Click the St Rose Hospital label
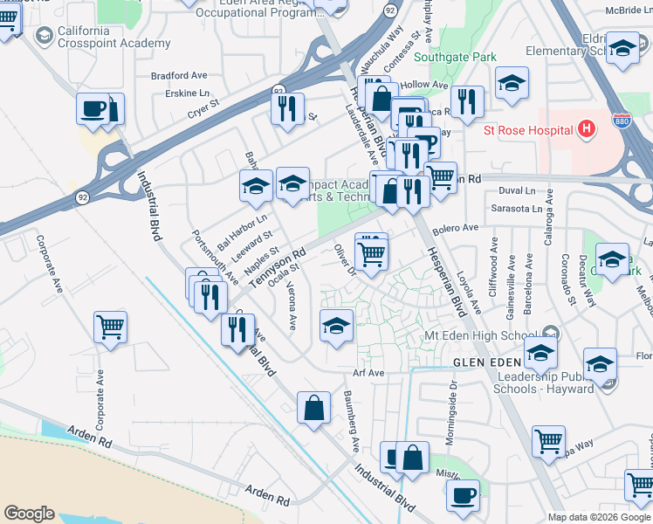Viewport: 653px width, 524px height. pos(528,131)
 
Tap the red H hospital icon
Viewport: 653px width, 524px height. pos(587,130)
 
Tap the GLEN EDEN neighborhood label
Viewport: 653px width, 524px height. pos(487,362)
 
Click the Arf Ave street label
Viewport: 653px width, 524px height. pos(368,373)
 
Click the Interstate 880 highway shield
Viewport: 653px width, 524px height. pos(622,118)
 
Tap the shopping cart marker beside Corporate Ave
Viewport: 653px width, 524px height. pos(111,327)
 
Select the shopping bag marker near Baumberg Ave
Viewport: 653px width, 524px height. pos(314,408)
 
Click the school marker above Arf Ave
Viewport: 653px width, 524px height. pos(337,327)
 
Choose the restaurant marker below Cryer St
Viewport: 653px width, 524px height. pos(286,108)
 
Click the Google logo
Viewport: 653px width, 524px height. pos(30,514)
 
